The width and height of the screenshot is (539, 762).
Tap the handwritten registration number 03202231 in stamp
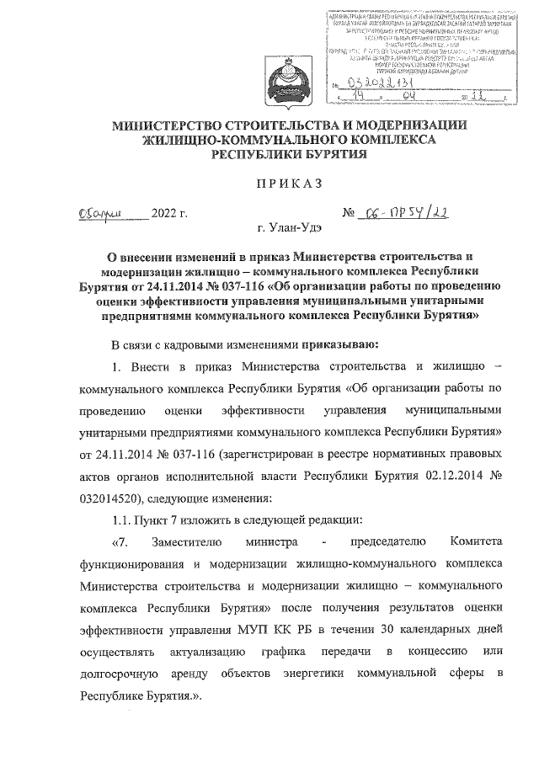pos(374,83)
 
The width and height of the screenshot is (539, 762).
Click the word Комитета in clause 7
pos(476,541)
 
